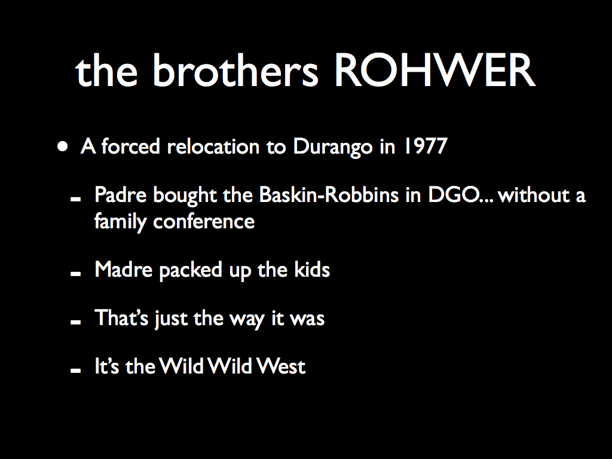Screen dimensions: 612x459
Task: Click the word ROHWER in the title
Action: [x=435, y=71]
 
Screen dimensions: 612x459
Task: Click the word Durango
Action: [x=332, y=148]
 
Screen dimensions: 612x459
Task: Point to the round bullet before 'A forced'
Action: [x=62, y=147]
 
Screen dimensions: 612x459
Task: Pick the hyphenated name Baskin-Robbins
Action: [x=329, y=195]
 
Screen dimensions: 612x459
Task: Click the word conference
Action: [x=204, y=222]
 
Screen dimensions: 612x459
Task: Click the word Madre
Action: [x=123, y=270]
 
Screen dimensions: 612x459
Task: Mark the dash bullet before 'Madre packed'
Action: [x=75, y=274]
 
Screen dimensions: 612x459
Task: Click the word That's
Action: [x=121, y=318]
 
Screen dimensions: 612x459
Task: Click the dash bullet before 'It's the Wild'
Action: [x=75, y=371]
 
